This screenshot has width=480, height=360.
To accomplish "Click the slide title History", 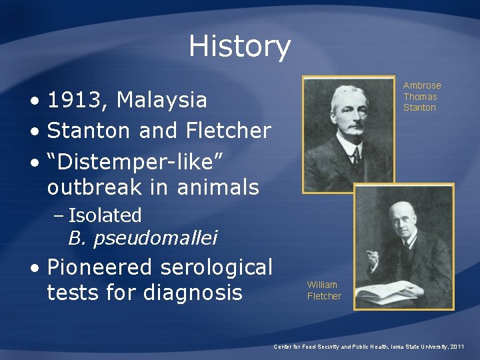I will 239,46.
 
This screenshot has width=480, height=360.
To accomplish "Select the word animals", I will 218,187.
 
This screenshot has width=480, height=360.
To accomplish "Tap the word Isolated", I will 105,215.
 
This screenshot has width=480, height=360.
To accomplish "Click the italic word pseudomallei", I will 155,237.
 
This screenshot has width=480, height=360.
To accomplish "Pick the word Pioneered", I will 101,267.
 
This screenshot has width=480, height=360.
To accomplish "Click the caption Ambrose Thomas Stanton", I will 421,96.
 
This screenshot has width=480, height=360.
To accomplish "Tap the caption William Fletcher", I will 323,290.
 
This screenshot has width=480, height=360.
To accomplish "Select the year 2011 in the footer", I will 457,347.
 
